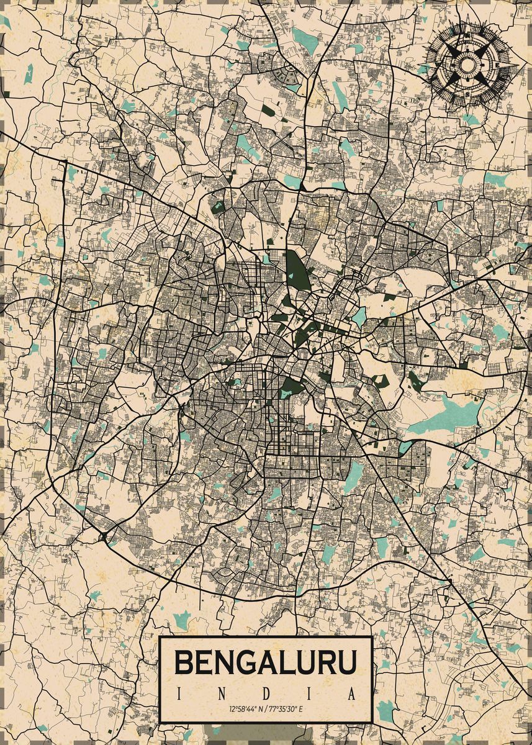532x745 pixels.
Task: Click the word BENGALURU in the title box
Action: click(266, 662)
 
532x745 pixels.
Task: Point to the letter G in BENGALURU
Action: click(246, 662)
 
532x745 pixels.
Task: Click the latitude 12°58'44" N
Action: click(245, 708)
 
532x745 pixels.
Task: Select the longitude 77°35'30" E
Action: click(287, 708)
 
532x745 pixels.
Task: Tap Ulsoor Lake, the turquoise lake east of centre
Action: click(359, 317)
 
